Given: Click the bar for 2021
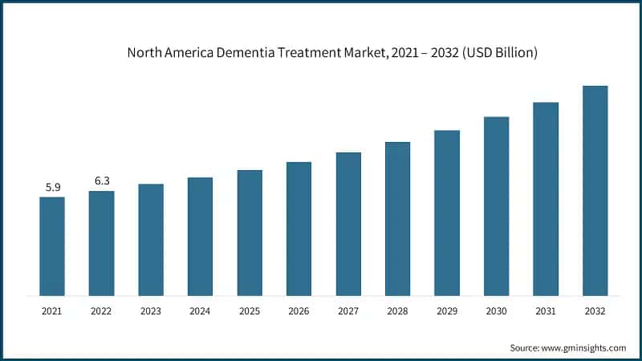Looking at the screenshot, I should click(52, 245).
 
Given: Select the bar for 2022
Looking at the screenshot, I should click(101, 242).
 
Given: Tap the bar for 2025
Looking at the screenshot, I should click(250, 232).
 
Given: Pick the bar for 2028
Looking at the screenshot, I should click(397, 218).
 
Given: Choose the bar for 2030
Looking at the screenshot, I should click(496, 205).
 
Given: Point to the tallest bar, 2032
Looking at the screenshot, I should click(595, 190).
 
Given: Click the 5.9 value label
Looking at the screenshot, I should click(52, 188).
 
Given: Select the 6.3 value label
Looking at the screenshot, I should click(102, 181).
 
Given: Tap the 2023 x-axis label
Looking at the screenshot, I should click(151, 310).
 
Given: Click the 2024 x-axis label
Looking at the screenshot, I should click(200, 310).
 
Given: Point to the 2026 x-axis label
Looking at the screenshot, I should click(299, 310).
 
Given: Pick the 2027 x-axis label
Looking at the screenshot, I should click(348, 310).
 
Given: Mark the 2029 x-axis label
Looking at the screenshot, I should click(447, 310).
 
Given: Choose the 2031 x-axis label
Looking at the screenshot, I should click(546, 310).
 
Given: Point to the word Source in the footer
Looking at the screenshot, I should click(526, 347).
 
